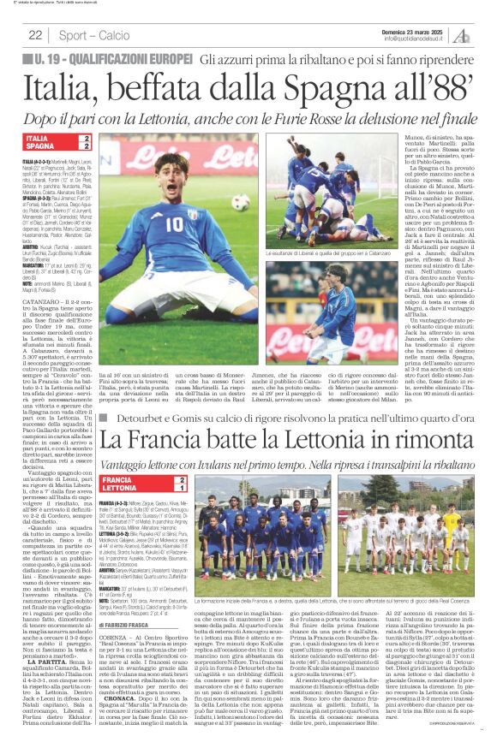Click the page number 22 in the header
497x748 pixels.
35,35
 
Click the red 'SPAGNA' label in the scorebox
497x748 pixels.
39,146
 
